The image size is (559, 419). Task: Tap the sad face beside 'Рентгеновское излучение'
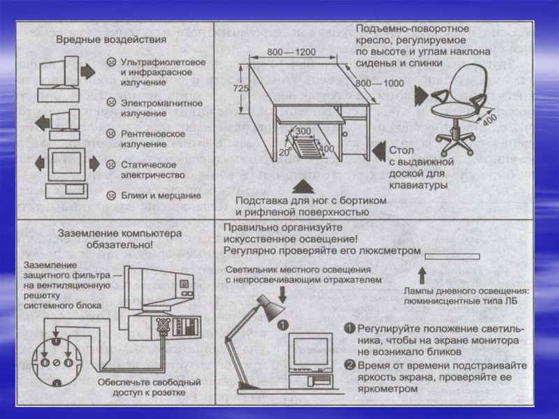coord(111,133)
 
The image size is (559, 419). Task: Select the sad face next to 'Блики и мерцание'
coord(111,195)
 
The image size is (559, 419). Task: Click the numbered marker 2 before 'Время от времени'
coord(349,364)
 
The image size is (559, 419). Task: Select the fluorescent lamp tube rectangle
coord(452,257)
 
